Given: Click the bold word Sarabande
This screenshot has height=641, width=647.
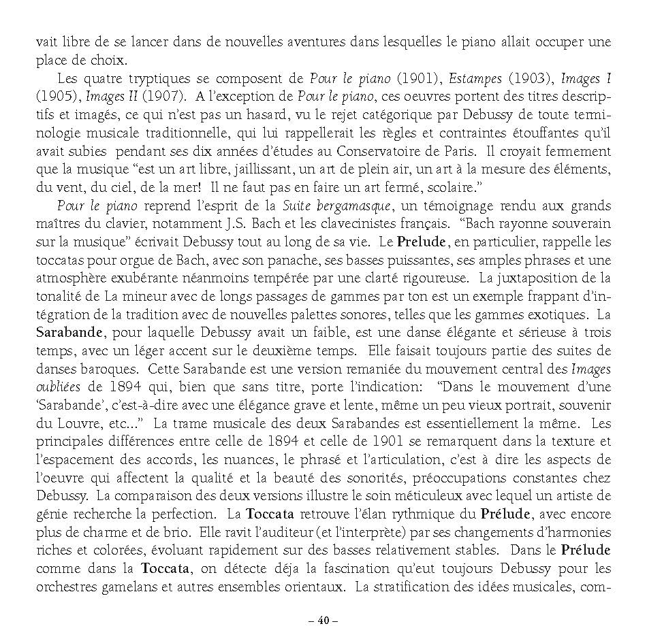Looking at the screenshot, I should pyautogui.click(x=69, y=331).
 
